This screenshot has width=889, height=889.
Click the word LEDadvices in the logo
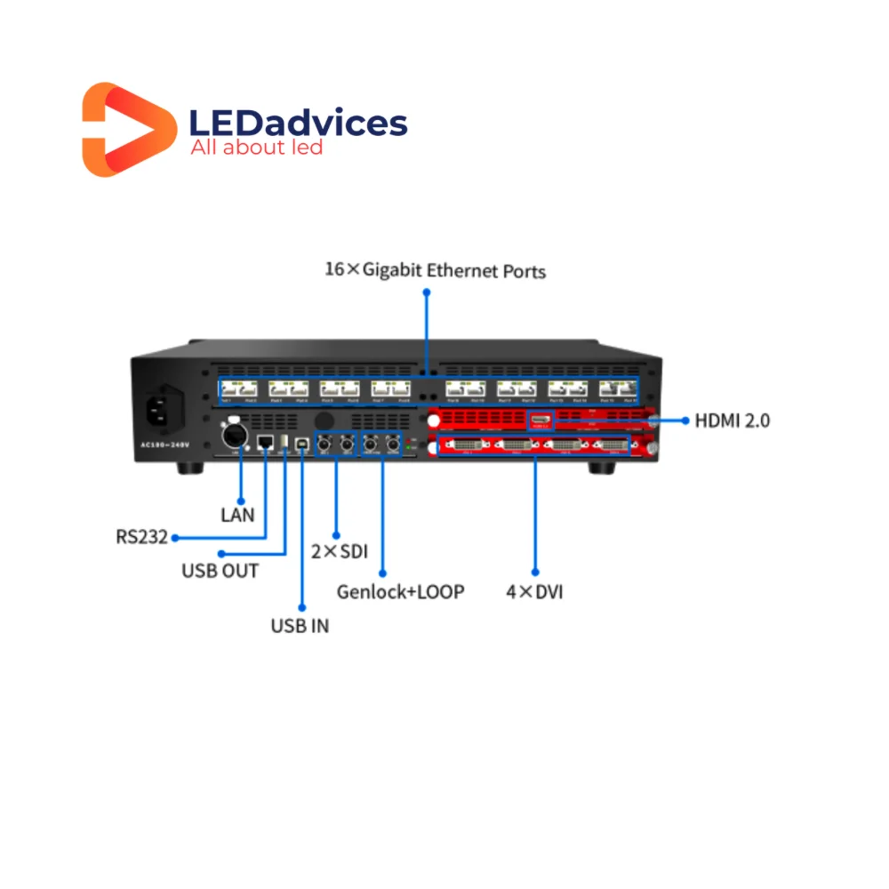pyautogui.click(x=299, y=123)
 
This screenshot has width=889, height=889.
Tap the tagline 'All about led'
pyautogui.click(x=256, y=148)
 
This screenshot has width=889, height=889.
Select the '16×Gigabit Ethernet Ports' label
pyautogui.click(x=435, y=269)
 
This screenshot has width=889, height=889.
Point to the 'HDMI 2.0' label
pyautogui.click(x=732, y=420)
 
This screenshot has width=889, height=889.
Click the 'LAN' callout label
pyautogui.click(x=237, y=514)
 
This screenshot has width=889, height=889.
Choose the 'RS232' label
pyautogui.click(x=141, y=537)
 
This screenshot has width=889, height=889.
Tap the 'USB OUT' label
pyautogui.click(x=220, y=570)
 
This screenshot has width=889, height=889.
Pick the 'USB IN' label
pyautogui.click(x=300, y=625)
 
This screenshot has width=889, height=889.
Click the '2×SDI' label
pyautogui.click(x=340, y=550)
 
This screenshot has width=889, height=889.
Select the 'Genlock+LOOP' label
pyautogui.click(x=400, y=591)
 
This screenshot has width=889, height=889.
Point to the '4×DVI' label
pyautogui.click(x=534, y=591)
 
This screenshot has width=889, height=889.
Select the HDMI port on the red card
pyautogui.click(x=541, y=419)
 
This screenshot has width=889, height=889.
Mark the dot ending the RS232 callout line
pyautogui.click(x=175, y=538)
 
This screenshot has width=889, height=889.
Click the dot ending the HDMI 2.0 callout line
pyautogui.click(x=686, y=420)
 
